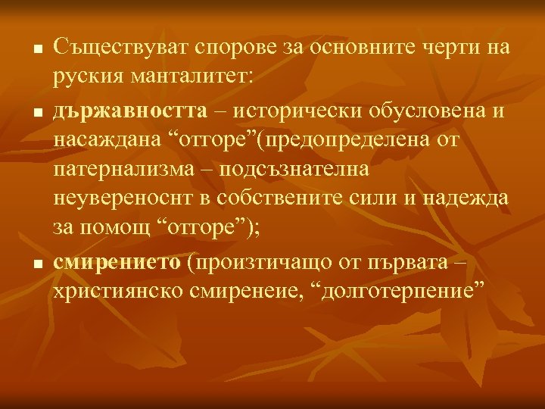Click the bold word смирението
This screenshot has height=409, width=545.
tap(117, 262)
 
